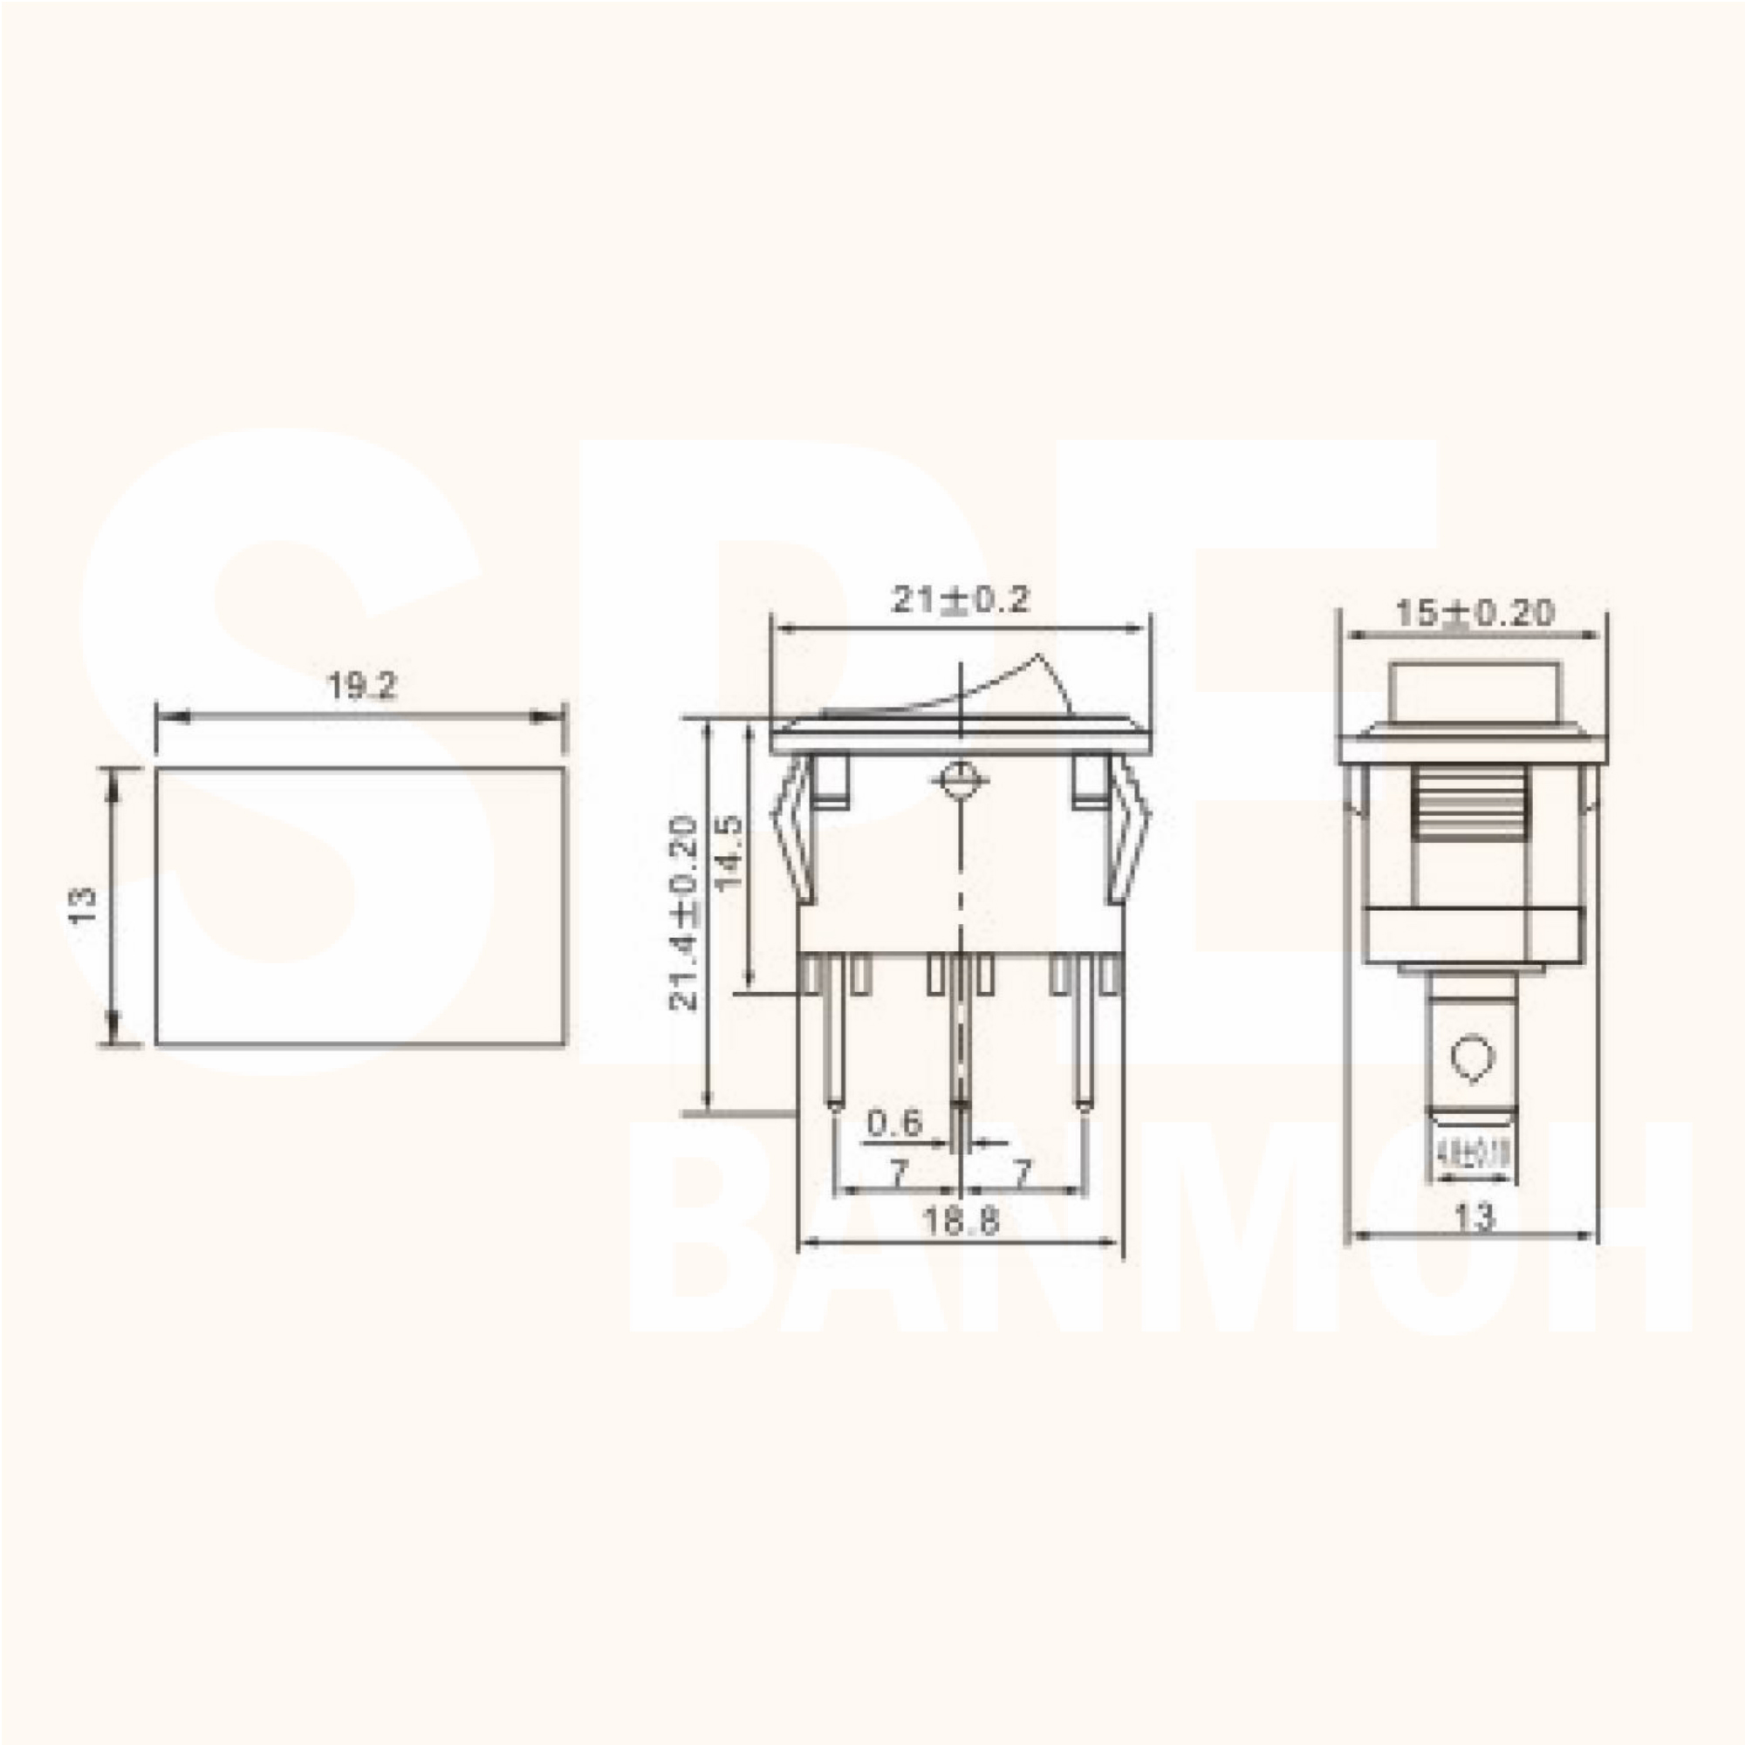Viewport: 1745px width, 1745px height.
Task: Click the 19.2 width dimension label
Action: point(361,687)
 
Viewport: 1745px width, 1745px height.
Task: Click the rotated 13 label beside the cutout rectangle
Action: point(82,905)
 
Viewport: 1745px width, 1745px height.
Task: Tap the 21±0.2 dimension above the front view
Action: point(960,599)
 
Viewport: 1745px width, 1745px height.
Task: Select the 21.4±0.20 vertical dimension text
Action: point(684,914)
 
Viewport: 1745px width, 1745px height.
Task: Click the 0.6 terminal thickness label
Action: point(894,1124)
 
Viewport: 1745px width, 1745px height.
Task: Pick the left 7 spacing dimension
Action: point(898,1174)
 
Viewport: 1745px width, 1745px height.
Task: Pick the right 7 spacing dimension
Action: point(1022,1174)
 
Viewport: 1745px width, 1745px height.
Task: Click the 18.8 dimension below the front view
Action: point(960,1222)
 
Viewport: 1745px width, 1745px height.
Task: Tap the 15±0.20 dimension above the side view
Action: point(1474,614)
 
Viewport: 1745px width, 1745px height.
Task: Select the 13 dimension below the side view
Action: point(1474,1217)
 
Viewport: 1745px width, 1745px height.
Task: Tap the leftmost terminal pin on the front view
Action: point(836,1038)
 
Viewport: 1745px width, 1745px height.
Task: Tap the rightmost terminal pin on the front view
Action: point(1083,1038)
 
